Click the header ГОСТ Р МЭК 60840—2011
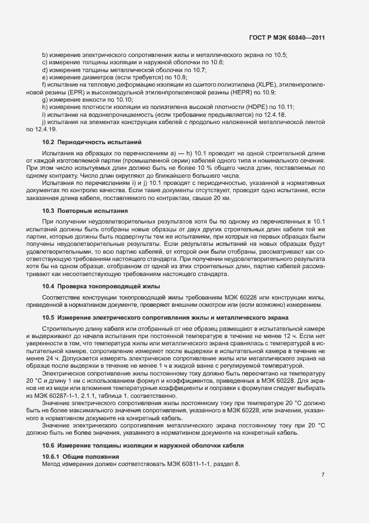(x=287, y=37)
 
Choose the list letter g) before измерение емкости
(x=45, y=99)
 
